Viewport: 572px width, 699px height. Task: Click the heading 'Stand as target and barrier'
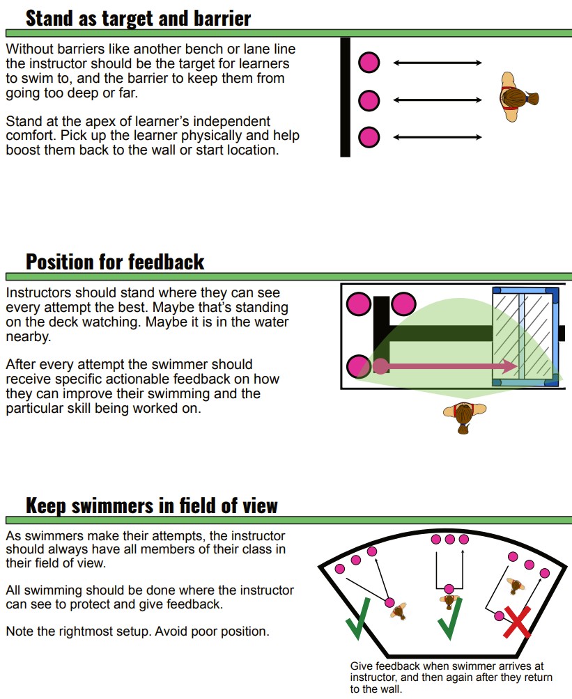pos(139,19)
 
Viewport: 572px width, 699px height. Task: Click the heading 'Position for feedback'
pos(115,262)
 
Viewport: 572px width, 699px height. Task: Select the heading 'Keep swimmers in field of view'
pos(152,505)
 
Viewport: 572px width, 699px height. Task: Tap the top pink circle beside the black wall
pos(369,63)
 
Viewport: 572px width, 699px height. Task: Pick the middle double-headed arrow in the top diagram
pos(438,100)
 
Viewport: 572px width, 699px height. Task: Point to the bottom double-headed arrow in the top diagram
pos(438,137)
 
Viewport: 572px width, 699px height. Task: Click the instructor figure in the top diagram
pos(518,97)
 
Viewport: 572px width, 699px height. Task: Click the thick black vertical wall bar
pos(345,97)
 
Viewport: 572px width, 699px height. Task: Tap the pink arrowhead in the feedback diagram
pos(510,366)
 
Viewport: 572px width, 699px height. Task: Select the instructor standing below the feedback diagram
pos(465,416)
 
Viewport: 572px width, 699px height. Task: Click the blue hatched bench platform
pos(525,336)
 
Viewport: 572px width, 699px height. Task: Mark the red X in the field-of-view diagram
pos(517,622)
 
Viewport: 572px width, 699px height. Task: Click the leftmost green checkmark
pos(358,619)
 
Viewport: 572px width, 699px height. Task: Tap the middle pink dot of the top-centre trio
pos(450,540)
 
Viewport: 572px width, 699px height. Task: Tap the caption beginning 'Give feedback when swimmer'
pos(451,677)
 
